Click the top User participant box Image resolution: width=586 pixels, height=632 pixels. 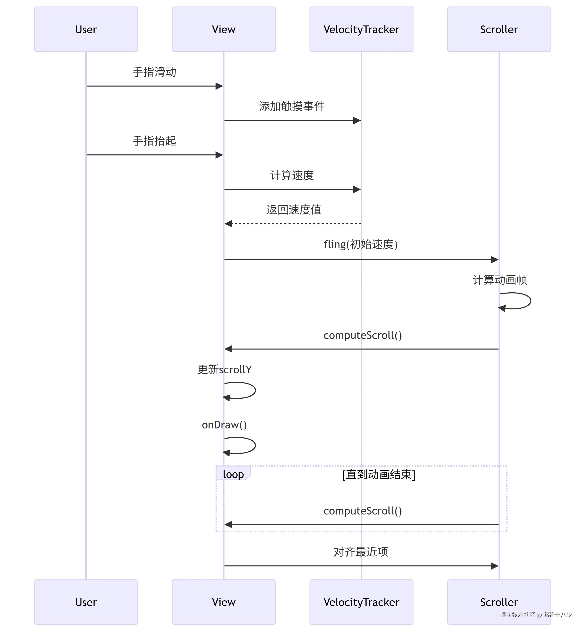pos(86,29)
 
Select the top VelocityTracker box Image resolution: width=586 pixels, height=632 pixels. pos(361,29)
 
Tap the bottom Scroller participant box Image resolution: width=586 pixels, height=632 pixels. pos(499,602)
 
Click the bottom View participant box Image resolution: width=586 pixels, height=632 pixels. pos(224,602)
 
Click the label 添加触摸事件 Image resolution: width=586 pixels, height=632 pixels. pos(292,106)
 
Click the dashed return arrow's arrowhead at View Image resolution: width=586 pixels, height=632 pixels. pos(228,224)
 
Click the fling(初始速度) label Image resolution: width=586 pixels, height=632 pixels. pos(361,244)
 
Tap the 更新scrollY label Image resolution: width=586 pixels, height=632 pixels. pos(224,369)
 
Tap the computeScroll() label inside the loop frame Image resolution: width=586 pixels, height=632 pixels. pos(362,511)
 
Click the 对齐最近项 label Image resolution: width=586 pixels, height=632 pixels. pos(361,552)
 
